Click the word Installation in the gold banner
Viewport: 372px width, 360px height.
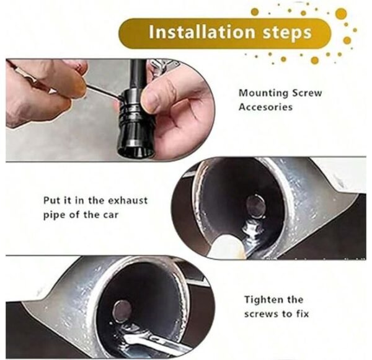click(202, 32)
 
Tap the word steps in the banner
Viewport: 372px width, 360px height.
click(287, 34)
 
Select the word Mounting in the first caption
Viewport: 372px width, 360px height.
click(263, 93)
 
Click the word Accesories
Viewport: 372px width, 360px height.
click(265, 107)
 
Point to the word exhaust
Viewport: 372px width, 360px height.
click(128, 200)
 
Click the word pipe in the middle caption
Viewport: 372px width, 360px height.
click(54, 215)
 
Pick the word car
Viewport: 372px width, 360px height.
click(110, 215)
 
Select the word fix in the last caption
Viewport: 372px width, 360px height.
click(303, 314)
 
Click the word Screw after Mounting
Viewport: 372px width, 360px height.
click(307, 92)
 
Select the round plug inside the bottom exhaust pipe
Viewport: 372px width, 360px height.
click(122, 312)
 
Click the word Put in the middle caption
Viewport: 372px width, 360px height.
click(51, 200)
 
